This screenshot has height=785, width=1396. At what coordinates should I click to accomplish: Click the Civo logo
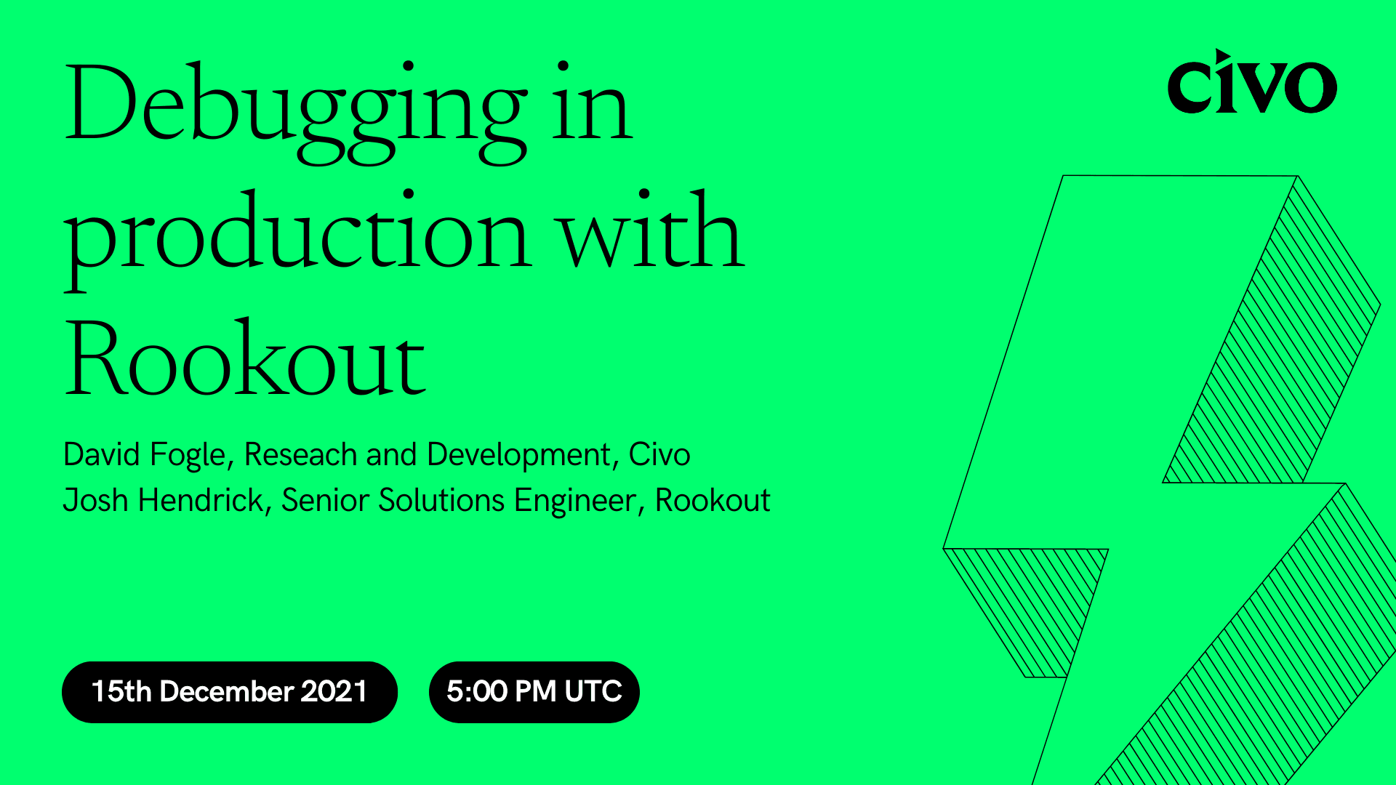click(x=1251, y=84)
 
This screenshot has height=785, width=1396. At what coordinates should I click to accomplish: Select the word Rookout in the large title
click(x=245, y=360)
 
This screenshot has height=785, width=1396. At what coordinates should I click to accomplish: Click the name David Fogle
click(x=145, y=455)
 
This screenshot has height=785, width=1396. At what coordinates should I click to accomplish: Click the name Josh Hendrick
click(x=164, y=501)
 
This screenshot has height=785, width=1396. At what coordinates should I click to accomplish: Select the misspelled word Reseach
click(x=300, y=455)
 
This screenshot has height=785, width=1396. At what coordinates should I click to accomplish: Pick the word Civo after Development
click(x=659, y=455)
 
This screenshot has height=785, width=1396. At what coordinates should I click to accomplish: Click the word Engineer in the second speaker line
click(x=575, y=501)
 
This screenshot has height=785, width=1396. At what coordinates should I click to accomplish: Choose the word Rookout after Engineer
click(x=713, y=501)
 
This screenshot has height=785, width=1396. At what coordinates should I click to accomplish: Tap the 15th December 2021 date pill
click(x=229, y=691)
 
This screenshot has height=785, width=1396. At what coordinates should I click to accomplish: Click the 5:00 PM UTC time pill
click(x=534, y=691)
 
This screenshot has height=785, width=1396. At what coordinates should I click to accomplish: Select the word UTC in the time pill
click(x=593, y=691)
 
